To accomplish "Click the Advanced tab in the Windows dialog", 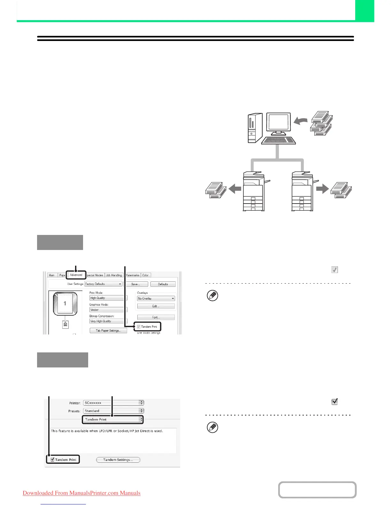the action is point(76,275).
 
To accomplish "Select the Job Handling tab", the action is point(114,275).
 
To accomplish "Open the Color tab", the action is point(145,275).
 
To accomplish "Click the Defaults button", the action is point(163,284).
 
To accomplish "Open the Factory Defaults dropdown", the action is point(103,284).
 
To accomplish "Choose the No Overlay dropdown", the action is point(156,299).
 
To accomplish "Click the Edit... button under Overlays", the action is point(156,306).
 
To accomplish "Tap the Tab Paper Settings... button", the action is point(108,331).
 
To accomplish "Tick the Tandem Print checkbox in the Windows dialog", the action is point(139,327).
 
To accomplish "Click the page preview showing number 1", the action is point(65,303).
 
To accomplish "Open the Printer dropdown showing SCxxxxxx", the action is point(113,403).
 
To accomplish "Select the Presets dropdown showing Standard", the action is point(113,411).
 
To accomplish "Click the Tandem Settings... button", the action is point(118,460).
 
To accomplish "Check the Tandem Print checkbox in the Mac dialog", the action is point(53,460).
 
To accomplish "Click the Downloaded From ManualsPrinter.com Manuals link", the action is point(81,493).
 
